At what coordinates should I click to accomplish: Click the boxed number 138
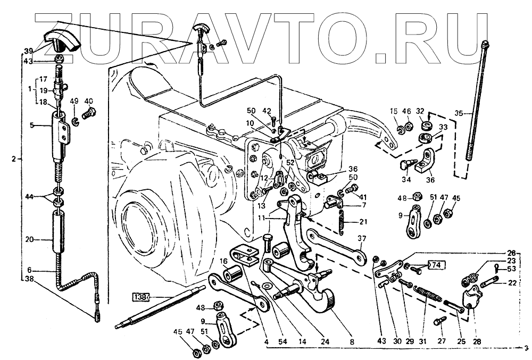140,296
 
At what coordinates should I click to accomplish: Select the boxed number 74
435,264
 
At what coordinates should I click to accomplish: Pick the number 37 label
362,238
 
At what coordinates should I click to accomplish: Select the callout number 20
29,240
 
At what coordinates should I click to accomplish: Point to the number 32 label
420,111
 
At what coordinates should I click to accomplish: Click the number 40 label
88,101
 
